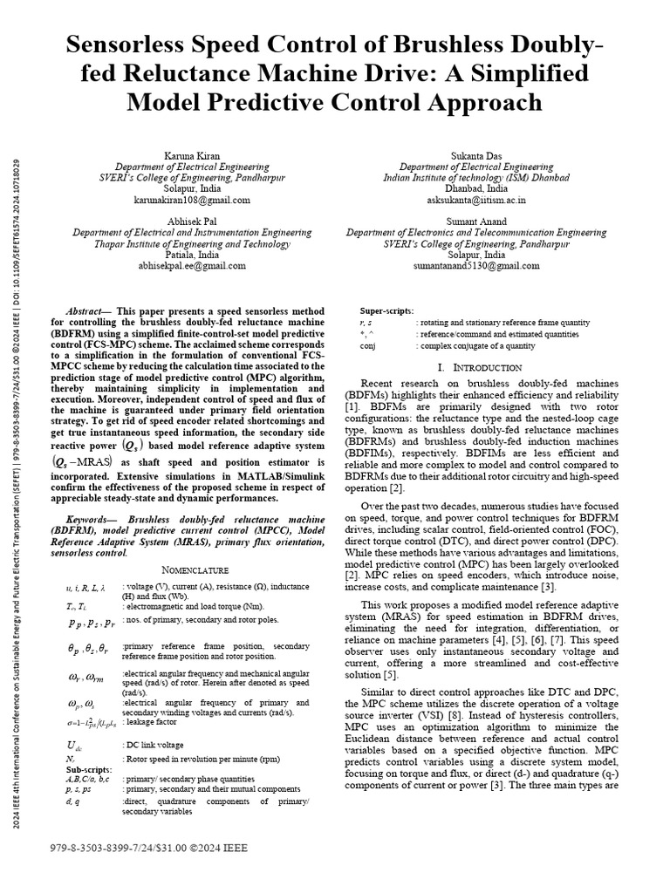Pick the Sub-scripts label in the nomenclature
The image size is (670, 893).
tap(89, 770)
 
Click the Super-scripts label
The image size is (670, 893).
tap(387, 311)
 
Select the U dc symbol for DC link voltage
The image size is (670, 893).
tap(76, 745)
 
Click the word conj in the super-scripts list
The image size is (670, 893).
tap(368, 345)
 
